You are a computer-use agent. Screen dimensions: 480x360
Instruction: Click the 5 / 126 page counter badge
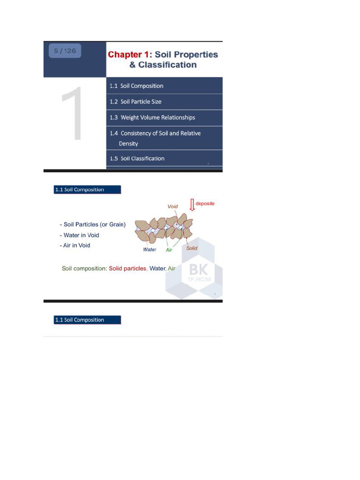pos(65,51)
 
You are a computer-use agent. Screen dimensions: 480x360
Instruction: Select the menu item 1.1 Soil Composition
pos(136,86)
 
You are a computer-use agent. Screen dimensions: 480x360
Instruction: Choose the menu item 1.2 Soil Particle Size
pos(135,101)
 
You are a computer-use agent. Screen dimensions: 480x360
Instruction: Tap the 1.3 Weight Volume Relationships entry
pos(152,117)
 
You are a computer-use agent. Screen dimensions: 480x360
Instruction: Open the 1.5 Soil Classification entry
pos(137,158)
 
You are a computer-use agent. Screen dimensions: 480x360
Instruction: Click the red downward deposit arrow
pos(192,204)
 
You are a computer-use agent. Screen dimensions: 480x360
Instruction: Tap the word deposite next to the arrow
pos(205,203)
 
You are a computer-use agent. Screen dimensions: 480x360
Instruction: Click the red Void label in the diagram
pos(172,206)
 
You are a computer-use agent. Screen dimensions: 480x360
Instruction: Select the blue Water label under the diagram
pos(150,249)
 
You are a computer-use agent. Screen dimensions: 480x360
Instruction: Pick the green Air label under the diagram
pos(169,250)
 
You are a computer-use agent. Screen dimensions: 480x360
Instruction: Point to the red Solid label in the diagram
pos(192,248)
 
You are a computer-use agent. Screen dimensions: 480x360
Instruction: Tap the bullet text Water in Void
pos(81,235)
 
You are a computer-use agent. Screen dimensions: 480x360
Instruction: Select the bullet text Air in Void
pos(76,245)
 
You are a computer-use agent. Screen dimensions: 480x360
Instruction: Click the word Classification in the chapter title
pos(167,65)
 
